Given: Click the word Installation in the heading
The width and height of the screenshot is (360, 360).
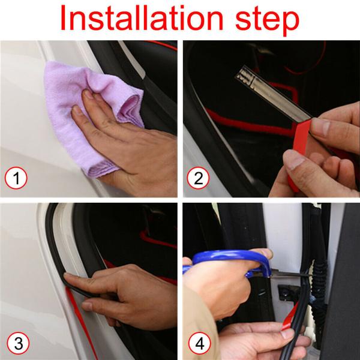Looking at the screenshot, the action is [x=142, y=18].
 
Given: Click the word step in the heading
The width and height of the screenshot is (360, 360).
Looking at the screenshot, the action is [x=267, y=20].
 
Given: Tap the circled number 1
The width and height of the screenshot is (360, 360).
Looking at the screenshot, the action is [x=16, y=178].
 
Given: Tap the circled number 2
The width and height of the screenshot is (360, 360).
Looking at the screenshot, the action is [x=199, y=178].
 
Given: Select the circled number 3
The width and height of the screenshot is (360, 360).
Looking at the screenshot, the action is [x=18, y=343].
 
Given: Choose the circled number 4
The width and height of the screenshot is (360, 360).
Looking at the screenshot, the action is [x=200, y=343].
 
